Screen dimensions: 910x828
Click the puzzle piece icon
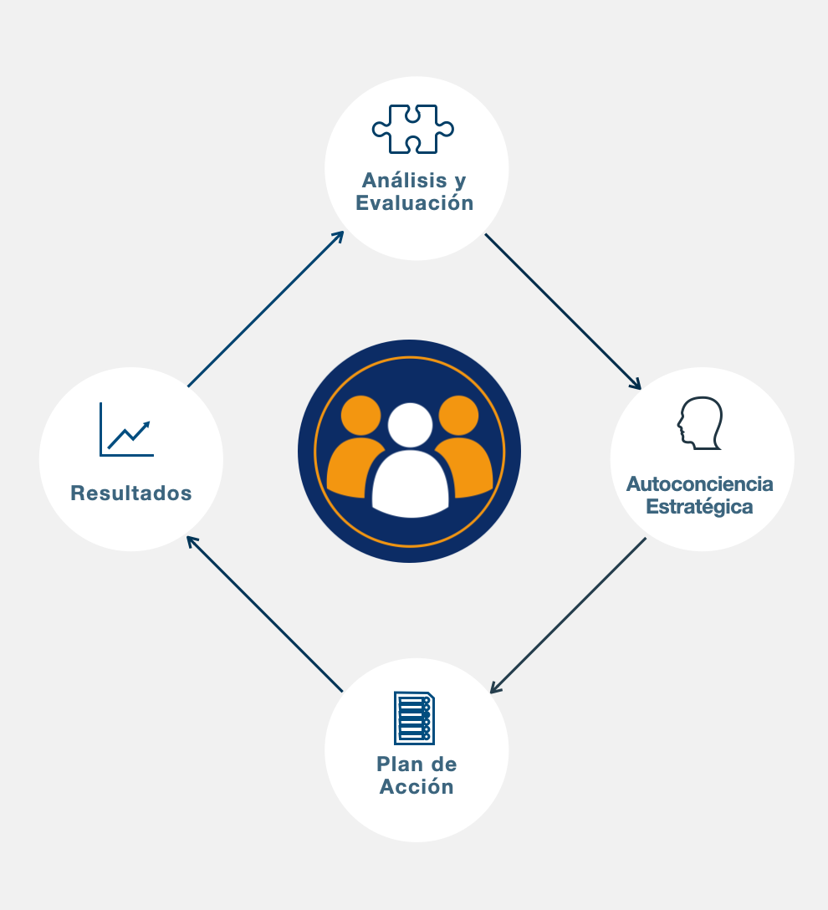click(x=413, y=129)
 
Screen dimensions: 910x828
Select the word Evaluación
click(x=415, y=203)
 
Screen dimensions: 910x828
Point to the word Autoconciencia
click(x=700, y=484)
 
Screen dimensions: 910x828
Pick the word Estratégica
click(x=700, y=507)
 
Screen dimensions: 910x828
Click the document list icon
click(x=414, y=718)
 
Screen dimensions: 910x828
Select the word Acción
click(x=417, y=787)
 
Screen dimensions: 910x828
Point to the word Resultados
click(x=131, y=493)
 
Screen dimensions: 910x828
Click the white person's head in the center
click(x=410, y=424)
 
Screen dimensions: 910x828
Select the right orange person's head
click(x=457, y=415)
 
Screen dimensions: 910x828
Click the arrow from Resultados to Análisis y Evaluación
click(x=266, y=309)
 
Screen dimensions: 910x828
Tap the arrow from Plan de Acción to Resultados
click(x=264, y=614)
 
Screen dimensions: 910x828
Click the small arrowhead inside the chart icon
click(x=146, y=425)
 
